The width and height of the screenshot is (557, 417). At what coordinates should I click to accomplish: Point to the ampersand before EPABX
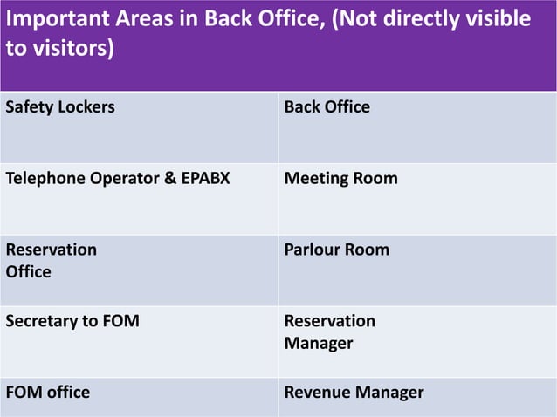[x=158, y=179]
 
